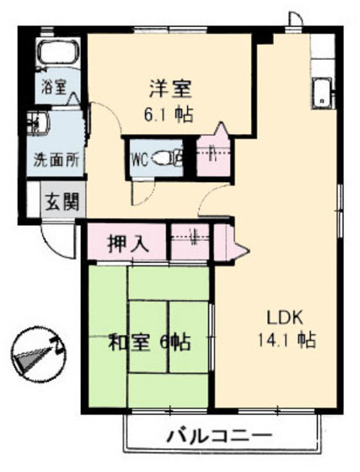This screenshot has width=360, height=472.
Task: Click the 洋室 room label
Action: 169,88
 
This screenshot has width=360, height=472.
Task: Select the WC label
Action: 141,158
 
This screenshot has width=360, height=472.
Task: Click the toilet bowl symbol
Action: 173,158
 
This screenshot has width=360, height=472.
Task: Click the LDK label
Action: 285,318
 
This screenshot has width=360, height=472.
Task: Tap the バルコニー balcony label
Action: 218,437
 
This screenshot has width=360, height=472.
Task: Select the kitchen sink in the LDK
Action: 322,93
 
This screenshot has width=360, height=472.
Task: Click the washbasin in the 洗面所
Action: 39,125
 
